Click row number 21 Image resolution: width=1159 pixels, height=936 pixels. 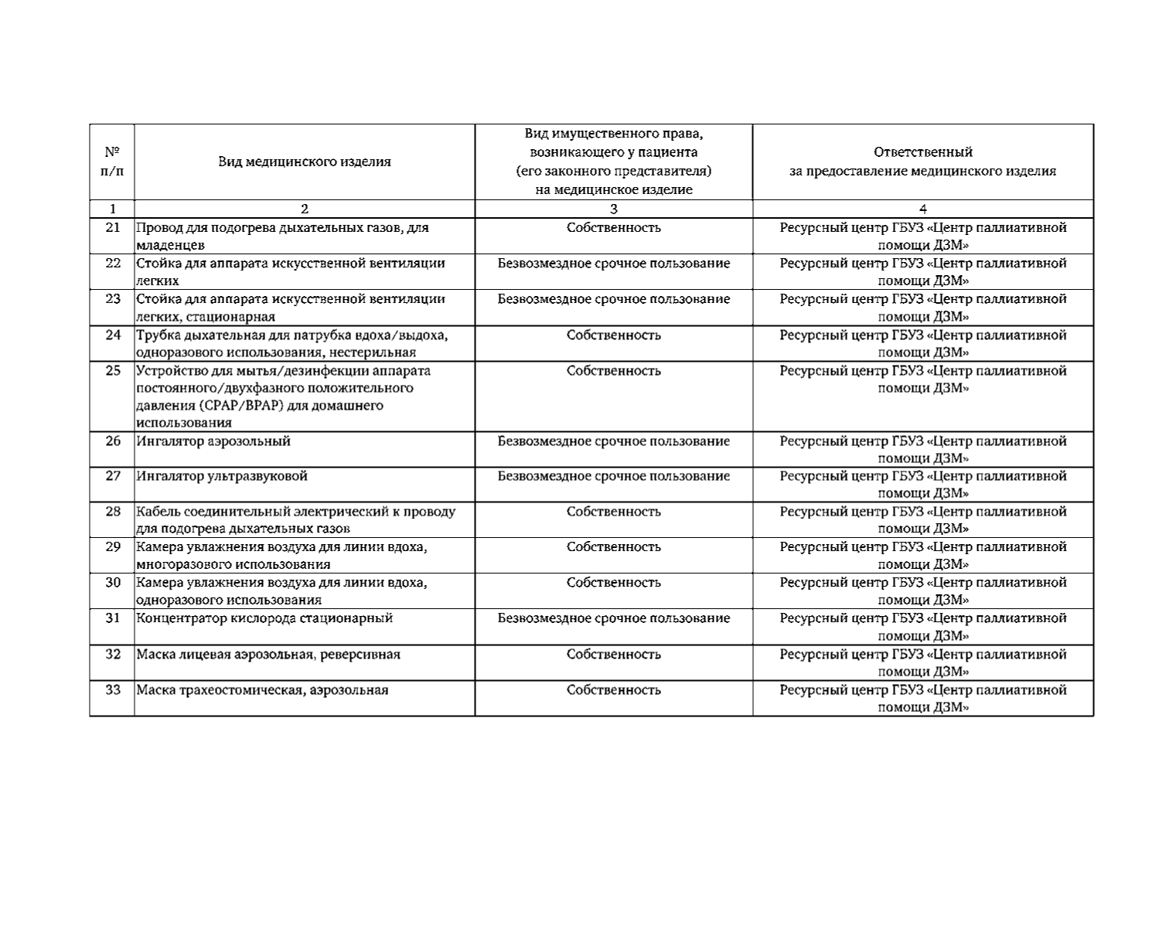[113, 228]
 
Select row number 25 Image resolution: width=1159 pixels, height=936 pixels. [113, 371]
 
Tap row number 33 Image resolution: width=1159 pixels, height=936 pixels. [113, 690]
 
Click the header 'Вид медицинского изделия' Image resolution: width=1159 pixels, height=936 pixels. [304, 162]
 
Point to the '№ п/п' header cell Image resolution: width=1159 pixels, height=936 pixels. [112, 162]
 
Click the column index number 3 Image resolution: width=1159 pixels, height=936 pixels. [613, 209]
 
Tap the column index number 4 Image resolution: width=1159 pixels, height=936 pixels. [922, 209]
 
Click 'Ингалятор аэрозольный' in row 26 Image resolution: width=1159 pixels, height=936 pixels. [213, 441]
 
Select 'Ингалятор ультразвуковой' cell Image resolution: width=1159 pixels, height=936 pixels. [222, 476]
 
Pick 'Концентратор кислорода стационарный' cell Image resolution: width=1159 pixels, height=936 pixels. [264, 618]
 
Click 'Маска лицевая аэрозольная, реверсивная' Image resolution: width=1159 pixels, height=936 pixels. [268, 655]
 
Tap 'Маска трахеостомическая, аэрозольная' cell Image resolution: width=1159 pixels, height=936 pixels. [262, 690]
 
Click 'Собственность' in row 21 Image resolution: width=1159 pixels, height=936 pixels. [613, 228]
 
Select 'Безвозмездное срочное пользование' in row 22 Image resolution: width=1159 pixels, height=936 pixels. [613, 264]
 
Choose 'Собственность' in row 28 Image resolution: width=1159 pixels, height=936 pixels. [613, 512]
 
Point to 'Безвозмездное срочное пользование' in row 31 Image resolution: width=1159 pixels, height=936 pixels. [613, 618]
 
